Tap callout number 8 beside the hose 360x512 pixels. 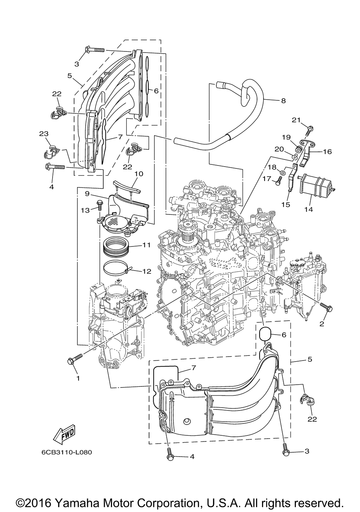(x=283, y=101)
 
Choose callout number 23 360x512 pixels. (x=44, y=133)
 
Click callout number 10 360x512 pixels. (x=139, y=174)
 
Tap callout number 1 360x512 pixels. (x=77, y=378)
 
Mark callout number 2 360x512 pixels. (x=322, y=323)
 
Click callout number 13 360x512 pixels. (x=85, y=210)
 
